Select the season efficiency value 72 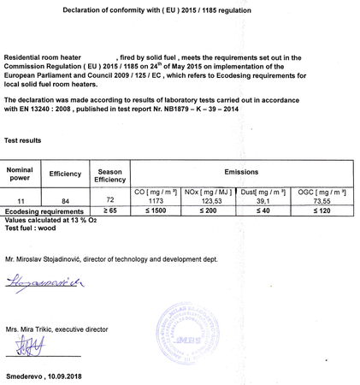coord(109,198)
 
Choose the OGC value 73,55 coord(322,199)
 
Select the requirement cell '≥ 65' coord(109,209)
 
